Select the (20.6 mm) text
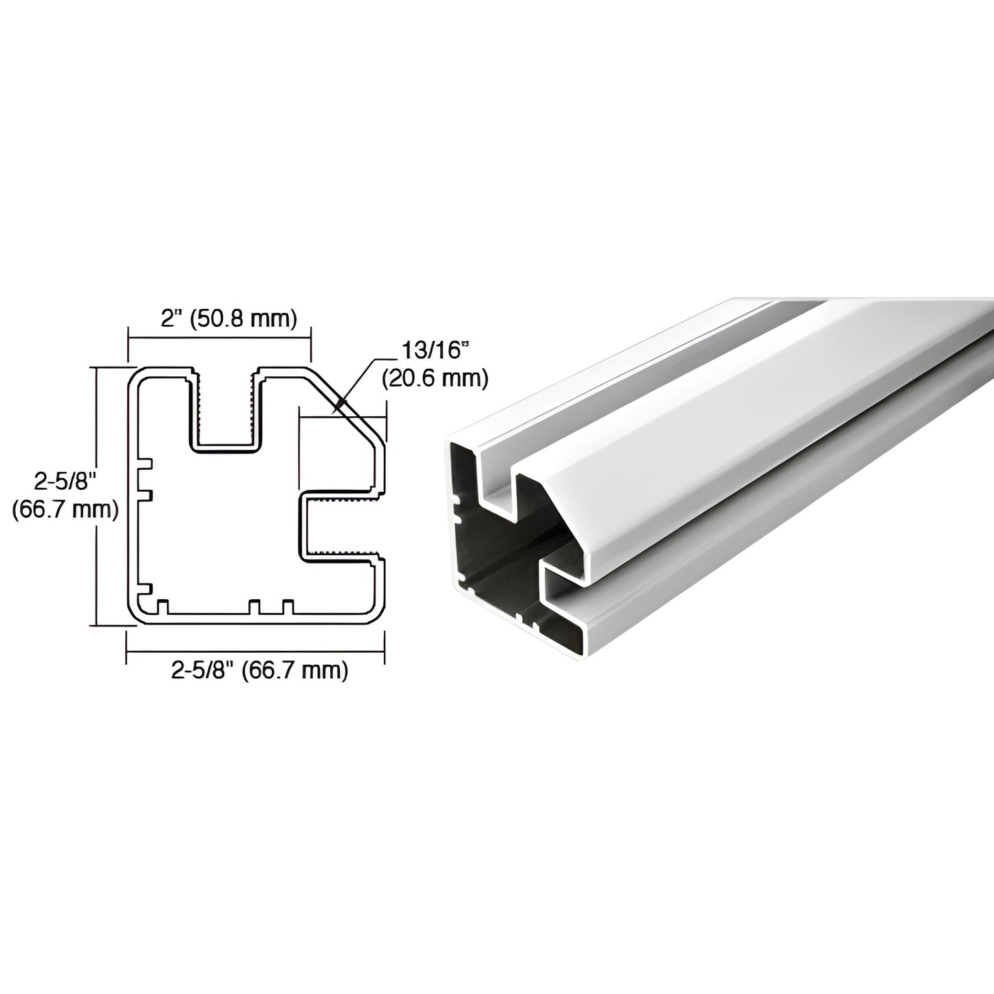click(435, 378)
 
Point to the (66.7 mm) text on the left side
click(65, 510)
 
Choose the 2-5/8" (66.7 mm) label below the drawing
click(259, 670)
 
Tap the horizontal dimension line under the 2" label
click(219, 338)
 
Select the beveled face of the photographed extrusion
click(688, 440)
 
